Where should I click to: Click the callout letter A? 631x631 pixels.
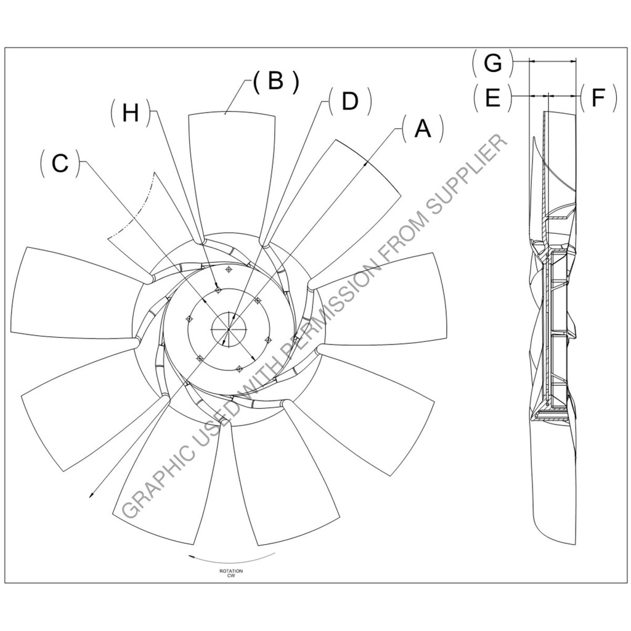click(x=422, y=129)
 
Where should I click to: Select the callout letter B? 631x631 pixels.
click(x=275, y=81)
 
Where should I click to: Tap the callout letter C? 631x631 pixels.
click(x=60, y=163)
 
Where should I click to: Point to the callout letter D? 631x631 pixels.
click(x=349, y=102)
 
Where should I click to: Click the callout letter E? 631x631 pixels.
click(x=492, y=97)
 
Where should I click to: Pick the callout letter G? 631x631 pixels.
click(x=492, y=63)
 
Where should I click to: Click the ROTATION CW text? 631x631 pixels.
click(x=231, y=574)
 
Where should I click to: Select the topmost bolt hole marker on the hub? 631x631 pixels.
click(x=229, y=269)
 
